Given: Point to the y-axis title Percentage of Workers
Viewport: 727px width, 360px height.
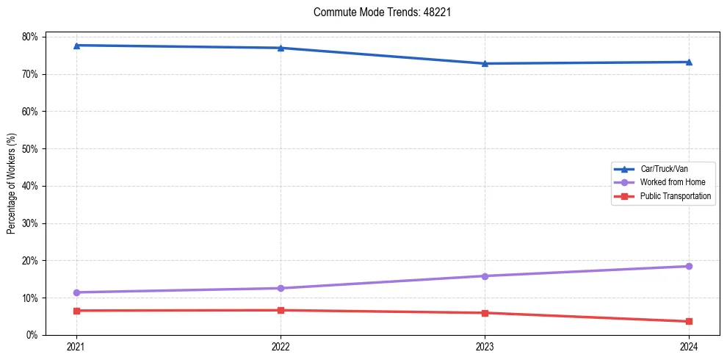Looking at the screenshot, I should [12, 184].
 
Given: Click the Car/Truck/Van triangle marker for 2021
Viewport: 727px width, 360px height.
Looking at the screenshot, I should [76, 46].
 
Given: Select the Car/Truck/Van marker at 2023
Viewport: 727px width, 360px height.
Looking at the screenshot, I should [485, 63].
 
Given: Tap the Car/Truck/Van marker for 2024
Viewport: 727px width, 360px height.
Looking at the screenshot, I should [689, 62].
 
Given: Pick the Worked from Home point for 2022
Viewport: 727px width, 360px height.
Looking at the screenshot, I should [281, 288].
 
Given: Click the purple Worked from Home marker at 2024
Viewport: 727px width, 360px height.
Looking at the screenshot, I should [689, 266].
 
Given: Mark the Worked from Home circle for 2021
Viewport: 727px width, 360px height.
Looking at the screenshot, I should [76, 292].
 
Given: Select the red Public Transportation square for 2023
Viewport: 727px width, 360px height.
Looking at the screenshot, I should [485, 313].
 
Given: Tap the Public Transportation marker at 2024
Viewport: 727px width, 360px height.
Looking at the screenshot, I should [689, 321].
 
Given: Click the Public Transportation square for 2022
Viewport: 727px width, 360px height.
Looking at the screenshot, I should [281, 310].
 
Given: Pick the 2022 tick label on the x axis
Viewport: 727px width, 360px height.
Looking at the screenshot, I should [281, 346].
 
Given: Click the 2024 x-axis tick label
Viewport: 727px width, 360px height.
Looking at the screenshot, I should [689, 346].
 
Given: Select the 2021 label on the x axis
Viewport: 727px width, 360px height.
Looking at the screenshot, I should [76, 346].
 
